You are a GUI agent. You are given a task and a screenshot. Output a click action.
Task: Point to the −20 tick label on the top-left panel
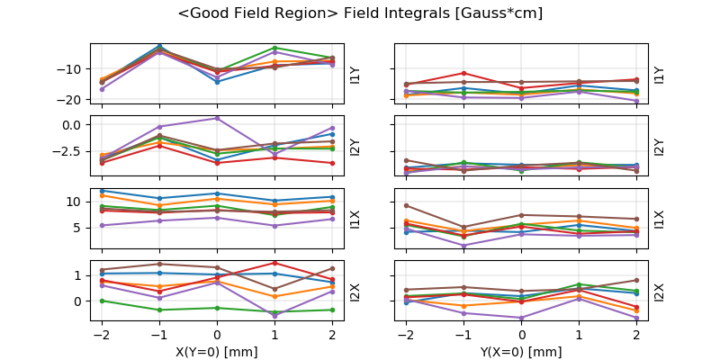click(x=72, y=100)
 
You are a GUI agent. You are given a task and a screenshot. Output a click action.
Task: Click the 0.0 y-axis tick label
click(x=75, y=125)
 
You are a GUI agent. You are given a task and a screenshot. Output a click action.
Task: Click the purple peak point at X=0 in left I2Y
click(x=217, y=118)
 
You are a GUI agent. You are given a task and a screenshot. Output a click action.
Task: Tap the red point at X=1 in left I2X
click(x=275, y=263)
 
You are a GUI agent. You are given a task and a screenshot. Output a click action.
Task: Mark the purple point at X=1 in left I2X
click(x=275, y=316)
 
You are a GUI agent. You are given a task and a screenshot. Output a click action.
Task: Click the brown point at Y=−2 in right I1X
click(x=406, y=205)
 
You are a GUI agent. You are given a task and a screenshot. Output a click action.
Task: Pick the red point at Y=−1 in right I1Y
click(x=463, y=73)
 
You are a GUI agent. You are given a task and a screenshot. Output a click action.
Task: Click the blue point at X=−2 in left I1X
click(x=102, y=191)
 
